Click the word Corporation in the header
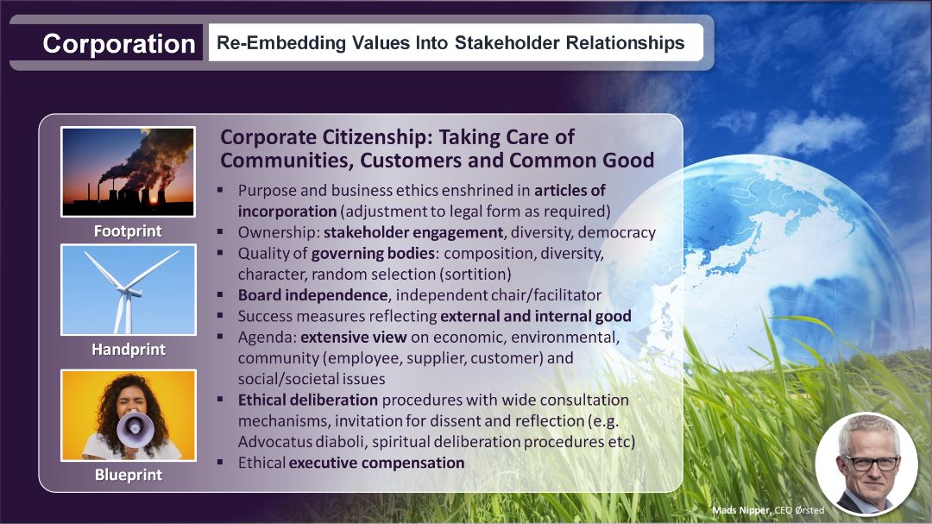tap(119, 43)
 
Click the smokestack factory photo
tap(128, 171)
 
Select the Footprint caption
tap(128, 230)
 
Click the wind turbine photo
tap(129, 290)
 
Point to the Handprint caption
tap(129, 349)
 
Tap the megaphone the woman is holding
tap(135, 429)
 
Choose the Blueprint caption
tap(129, 475)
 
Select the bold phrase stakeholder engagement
tap(413, 232)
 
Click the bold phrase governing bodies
tap(374, 254)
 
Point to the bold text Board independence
tap(312, 295)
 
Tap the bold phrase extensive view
tap(354, 338)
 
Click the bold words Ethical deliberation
tap(308, 400)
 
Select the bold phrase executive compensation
tap(377, 463)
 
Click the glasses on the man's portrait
tap(872, 462)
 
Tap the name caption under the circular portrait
tap(768, 510)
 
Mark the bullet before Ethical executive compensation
tap(220, 462)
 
